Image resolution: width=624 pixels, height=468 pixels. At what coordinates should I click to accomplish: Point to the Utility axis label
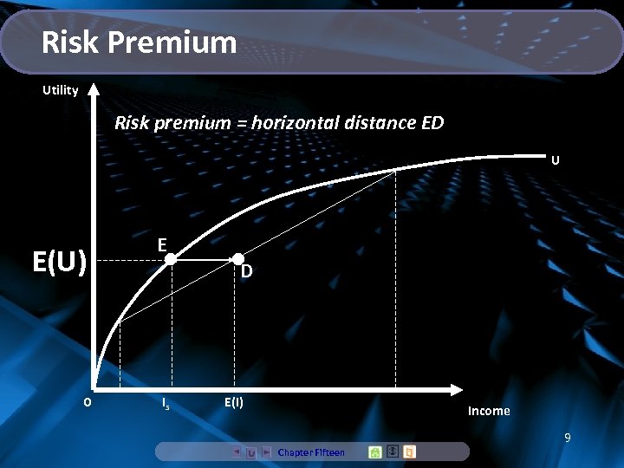pos(61,90)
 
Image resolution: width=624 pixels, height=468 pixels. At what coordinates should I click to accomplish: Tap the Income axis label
pos(489,411)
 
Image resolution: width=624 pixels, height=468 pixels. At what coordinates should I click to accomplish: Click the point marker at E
pos(172,259)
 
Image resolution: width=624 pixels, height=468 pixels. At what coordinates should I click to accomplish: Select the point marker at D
pos(237,259)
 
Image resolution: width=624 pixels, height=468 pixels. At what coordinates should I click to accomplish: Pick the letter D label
pos(247,272)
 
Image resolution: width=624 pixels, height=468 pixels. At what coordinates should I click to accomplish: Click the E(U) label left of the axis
pos(60,261)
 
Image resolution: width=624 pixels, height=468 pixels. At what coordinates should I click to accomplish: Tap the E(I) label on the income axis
pos(234,402)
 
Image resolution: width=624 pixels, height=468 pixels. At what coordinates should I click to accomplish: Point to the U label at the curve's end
pos(555,160)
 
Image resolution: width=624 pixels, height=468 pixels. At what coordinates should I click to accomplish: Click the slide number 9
pos(567,439)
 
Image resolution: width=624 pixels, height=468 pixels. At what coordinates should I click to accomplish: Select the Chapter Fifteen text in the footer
pos(311,452)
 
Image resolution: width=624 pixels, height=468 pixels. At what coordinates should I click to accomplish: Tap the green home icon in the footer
pos(375,452)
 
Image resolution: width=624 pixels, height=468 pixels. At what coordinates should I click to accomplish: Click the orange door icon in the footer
pos(409,452)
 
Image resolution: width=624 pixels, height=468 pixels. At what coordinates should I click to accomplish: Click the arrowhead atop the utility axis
pos(94,88)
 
